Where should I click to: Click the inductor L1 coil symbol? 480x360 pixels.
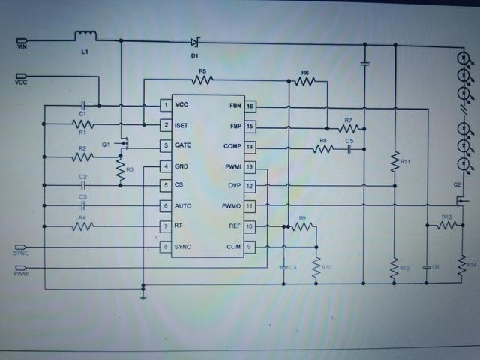(x=85, y=36)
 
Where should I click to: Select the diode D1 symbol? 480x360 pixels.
(x=195, y=42)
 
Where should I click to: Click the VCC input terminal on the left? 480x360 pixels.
(x=21, y=77)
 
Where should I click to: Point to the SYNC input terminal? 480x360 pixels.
(x=21, y=247)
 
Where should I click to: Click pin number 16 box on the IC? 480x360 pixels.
(x=250, y=106)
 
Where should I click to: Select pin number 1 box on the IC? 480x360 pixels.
(x=165, y=105)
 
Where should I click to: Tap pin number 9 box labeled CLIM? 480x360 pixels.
(x=250, y=246)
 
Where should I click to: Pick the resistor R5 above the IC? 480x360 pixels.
(x=202, y=78)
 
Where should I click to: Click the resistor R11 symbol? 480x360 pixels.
(x=394, y=162)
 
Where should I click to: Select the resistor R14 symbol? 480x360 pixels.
(x=460, y=263)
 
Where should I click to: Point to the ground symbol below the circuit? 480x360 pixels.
(x=142, y=295)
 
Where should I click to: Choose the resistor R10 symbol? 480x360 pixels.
(x=316, y=266)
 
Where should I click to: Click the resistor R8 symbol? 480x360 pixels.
(x=322, y=149)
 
